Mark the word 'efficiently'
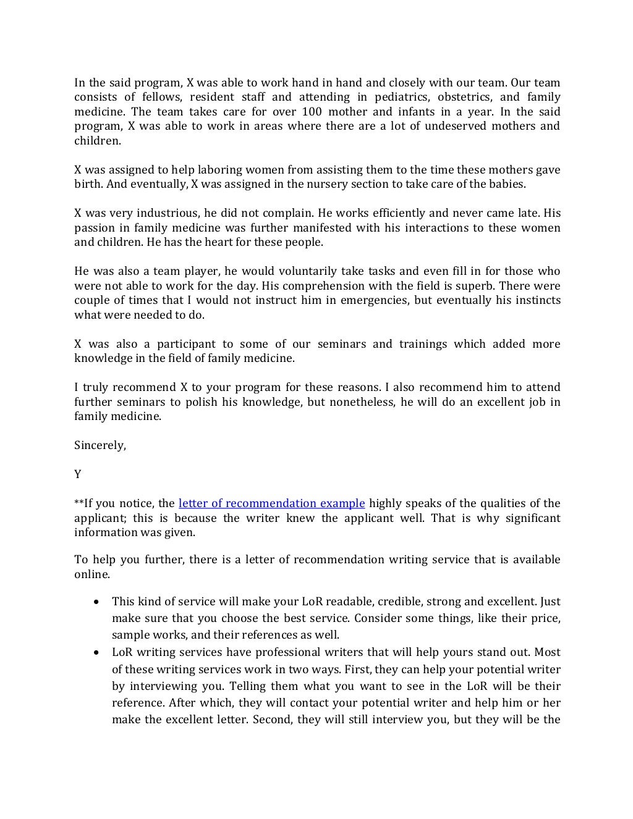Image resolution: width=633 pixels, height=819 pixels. click(x=392, y=213)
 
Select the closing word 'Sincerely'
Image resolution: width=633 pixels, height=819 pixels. click(x=100, y=445)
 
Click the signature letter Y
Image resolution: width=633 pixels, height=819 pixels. click(x=78, y=474)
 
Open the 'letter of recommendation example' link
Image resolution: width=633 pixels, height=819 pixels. click(x=271, y=503)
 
